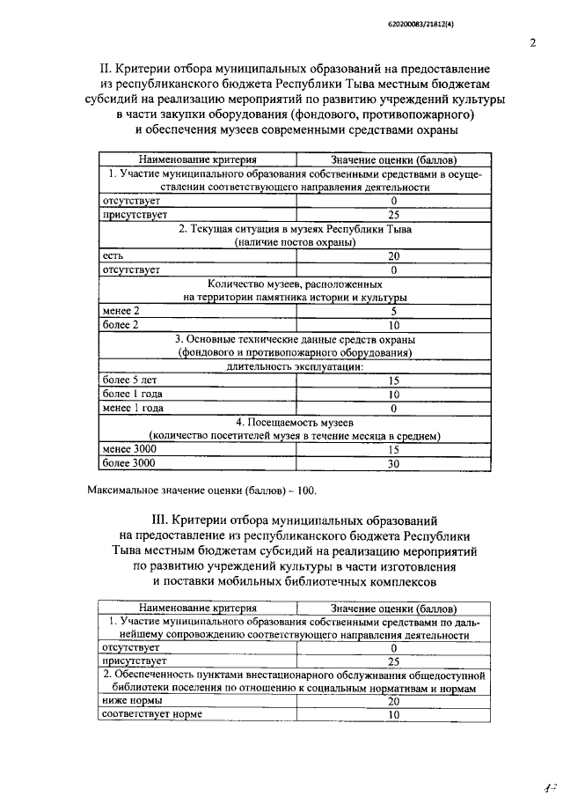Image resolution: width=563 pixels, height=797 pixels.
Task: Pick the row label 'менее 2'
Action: tap(121, 311)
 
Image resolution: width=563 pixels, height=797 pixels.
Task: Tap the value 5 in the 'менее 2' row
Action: tap(393, 311)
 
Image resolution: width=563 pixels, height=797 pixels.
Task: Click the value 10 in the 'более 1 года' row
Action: tap(393, 395)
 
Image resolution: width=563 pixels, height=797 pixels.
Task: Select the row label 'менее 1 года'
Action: tap(132, 408)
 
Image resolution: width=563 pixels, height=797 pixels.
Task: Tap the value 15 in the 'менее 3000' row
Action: tap(393, 449)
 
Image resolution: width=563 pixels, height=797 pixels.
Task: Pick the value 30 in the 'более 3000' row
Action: tap(393, 462)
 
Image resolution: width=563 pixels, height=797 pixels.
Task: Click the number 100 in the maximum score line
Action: tap(301, 489)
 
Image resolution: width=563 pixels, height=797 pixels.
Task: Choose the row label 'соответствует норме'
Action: tap(151, 714)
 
